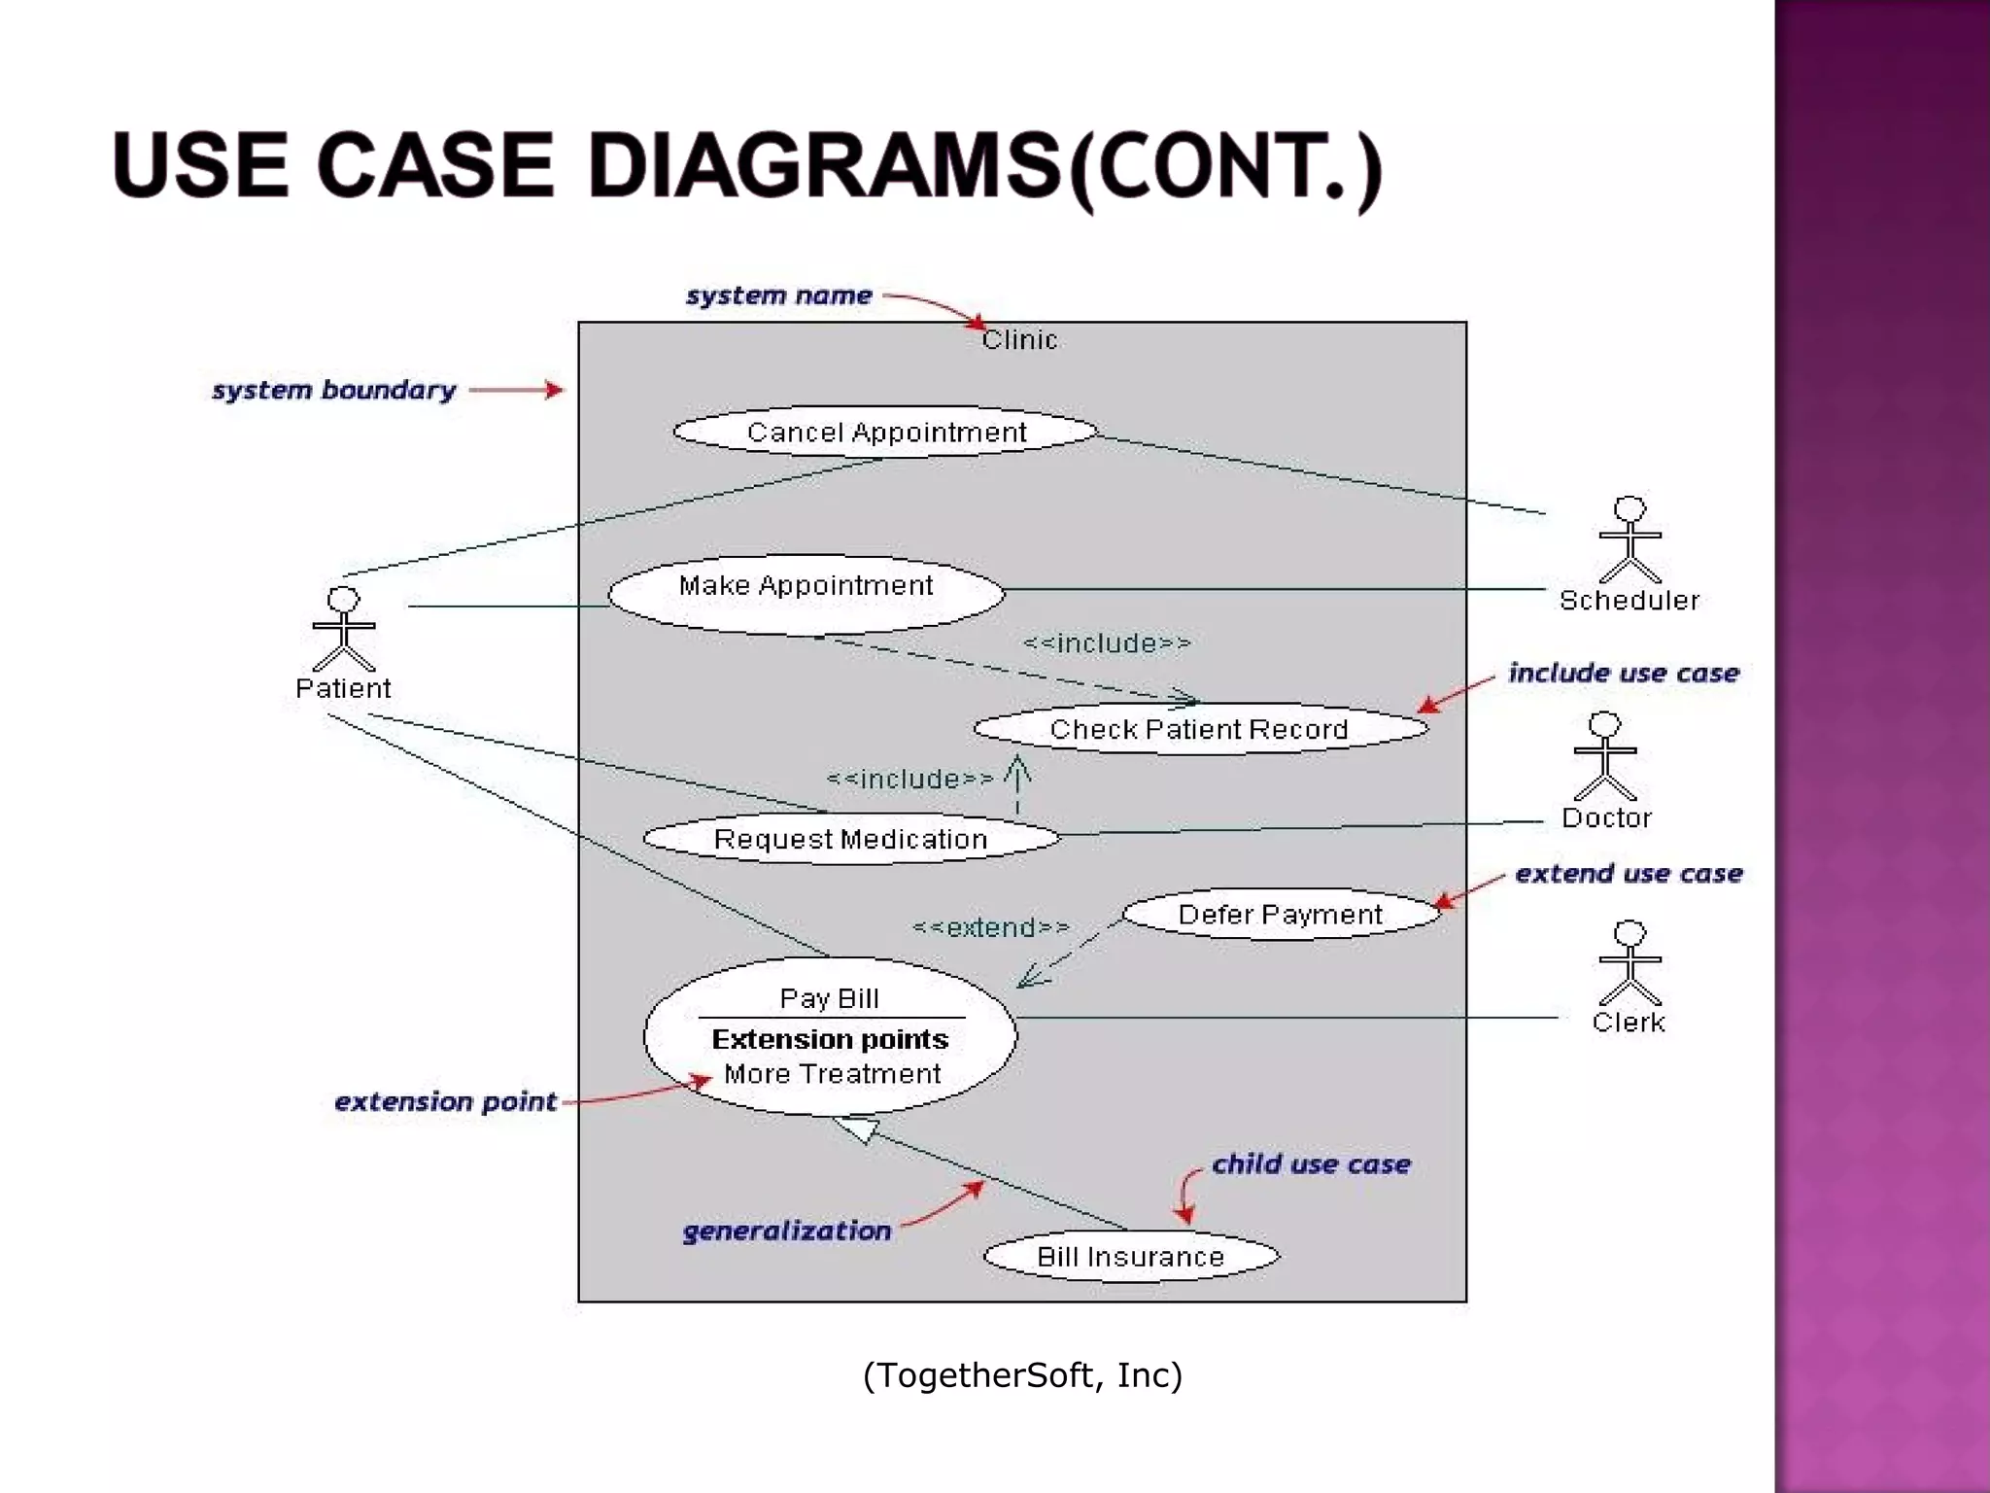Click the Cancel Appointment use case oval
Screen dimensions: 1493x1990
click(x=885, y=432)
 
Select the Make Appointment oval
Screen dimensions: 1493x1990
click(x=806, y=594)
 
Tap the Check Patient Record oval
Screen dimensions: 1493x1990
click(x=1199, y=729)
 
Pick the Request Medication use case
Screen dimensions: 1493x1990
click(x=850, y=839)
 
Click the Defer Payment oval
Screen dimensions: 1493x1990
click(x=1280, y=915)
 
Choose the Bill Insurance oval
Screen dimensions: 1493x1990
click(x=1130, y=1257)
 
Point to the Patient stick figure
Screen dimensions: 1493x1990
click(x=343, y=629)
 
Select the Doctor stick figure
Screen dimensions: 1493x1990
click(x=1604, y=756)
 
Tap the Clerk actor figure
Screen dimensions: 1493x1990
click(x=1630, y=963)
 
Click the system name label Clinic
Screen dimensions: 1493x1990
click(x=1018, y=340)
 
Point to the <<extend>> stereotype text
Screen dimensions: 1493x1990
click(x=990, y=928)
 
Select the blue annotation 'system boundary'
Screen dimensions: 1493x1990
click(x=333, y=390)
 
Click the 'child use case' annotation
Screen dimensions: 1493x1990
click(x=1310, y=1164)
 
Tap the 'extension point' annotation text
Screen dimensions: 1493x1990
click(x=445, y=1102)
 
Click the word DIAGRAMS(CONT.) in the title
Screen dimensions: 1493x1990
click(x=983, y=167)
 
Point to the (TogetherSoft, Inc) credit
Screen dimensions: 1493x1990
click(x=1022, y=1375)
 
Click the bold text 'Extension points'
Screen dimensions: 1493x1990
click(x=830, y=1039)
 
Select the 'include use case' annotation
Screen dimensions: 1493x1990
click(x=1623, y=673)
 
